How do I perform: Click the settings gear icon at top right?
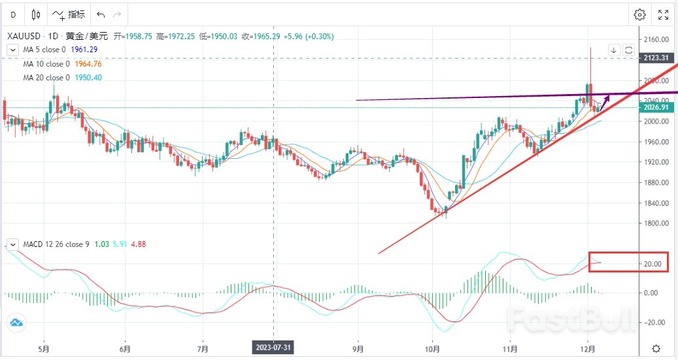click(x=639, y=14)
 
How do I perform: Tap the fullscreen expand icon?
click(x=663, y=14)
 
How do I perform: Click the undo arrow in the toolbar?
click(x=100, y=14)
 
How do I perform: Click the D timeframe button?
click(x=12, y=14)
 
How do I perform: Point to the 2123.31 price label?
click(x=654, y=58)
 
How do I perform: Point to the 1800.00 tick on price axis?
click(x=656, y=223)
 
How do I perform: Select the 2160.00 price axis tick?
click(x=656, y=39)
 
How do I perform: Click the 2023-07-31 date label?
click(x=273, y=348)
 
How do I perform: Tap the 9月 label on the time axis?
click(x=358, y=348)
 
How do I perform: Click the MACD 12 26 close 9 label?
click(x=56, y=244)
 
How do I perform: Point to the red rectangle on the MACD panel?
click(x=628, y=262)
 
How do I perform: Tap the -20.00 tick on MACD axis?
click(x=654, y=323)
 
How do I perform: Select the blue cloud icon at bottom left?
click(x=16, y=321)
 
